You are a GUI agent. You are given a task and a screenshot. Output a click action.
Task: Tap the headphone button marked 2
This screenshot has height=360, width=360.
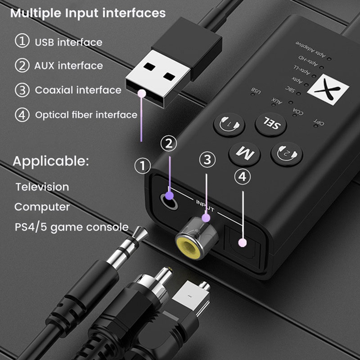(287, 153)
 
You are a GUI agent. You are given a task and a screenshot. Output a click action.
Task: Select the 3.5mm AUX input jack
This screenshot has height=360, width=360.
(169, 197)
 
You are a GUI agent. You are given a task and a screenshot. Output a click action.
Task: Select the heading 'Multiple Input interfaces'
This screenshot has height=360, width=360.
(88, 13)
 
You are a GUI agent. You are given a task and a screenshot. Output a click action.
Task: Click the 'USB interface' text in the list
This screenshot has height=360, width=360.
(68, 42)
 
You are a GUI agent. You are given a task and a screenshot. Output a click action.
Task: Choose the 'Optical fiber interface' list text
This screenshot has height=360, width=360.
(86, 115)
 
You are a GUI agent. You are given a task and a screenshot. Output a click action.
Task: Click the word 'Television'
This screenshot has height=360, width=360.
(42, 186)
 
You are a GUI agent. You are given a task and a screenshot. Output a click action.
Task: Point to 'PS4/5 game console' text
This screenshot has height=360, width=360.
(71, 227)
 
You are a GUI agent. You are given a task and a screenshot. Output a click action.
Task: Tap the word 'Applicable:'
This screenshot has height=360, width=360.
(51, 161)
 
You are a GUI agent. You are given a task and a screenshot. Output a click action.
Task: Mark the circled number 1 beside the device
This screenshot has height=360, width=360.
(144, 166)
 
